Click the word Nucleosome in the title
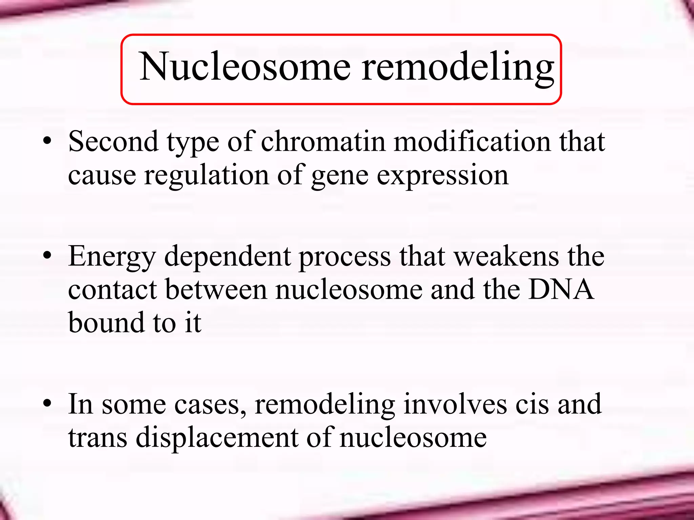(245, 67)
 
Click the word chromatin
(323, 142)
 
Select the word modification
(472, 142)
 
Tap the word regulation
(206, 175)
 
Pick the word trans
(98, 437)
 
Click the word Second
(113, 142)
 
